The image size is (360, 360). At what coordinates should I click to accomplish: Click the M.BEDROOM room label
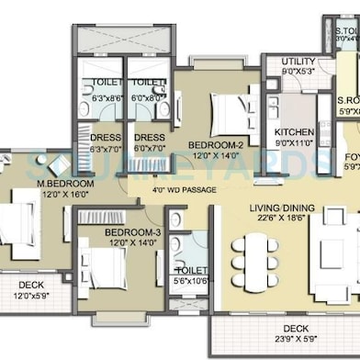tap(62, 184)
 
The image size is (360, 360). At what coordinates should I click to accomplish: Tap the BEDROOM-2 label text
tap(215, 145)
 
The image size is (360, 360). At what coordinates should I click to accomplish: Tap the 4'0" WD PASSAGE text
tap(184, 191)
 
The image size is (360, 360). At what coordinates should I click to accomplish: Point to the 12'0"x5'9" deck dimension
tap(35, 297)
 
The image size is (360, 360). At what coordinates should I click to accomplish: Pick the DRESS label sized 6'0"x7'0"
tap(149, 137)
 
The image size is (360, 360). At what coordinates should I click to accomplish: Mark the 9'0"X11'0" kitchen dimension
tap(294, 143)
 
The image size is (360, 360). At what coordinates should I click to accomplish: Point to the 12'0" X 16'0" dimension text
tap(62, 195)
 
